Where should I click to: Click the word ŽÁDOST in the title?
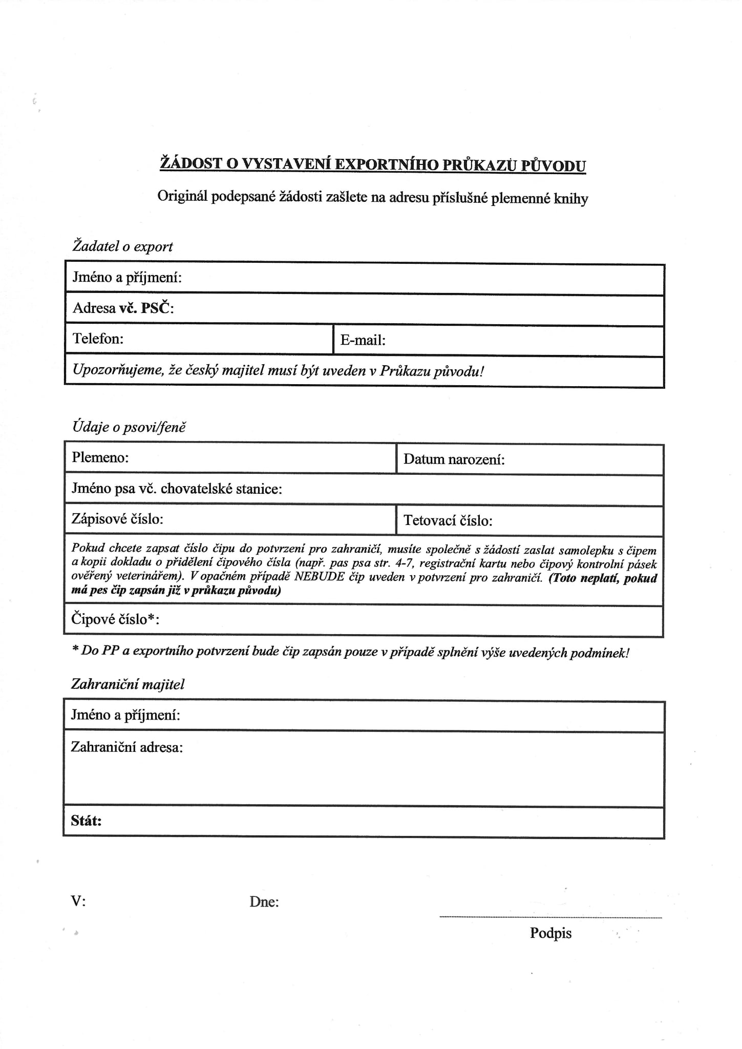[192, 163]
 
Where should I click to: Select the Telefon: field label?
[98, 339]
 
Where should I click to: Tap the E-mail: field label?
[363, 340]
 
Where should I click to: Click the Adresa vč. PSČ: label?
[123, 308]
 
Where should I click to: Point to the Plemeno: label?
[100, 457]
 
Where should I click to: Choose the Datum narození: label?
[454, 459]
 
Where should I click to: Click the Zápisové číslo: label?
[117, 519]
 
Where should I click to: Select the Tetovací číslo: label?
[448, 521]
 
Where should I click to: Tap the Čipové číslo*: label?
[115, 619]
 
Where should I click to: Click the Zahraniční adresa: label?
[127, 747]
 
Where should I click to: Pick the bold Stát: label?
[86, 821]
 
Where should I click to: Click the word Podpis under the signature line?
[550, 933]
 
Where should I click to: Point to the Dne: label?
[264, 902]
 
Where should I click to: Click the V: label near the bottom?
[78, 901]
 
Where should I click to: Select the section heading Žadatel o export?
[122, 246]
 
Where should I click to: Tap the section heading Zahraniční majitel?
[128, 684]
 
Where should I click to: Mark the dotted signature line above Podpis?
[550, 917]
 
